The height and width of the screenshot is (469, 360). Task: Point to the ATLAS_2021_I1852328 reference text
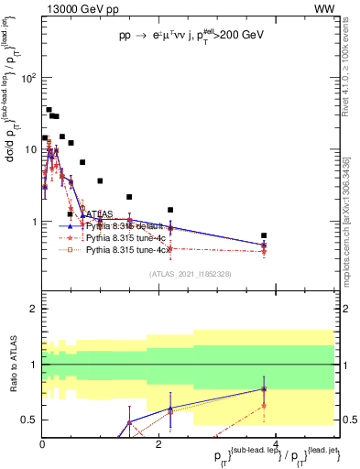pyautogui.click(x=191, y=274)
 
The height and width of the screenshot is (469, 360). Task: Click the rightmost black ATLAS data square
pyautogui.click(x=264, y=235)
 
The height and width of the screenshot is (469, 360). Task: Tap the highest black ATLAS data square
pyautogui.click(x=49, y=110)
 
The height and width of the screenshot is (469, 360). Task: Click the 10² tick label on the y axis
pyautogui.click(x=27, y=79)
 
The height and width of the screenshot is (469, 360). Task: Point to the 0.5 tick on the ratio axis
pyautogui.click(x=28, y=420)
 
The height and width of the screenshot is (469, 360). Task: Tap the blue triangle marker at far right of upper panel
pyautogui.click(x=264, y=245)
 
